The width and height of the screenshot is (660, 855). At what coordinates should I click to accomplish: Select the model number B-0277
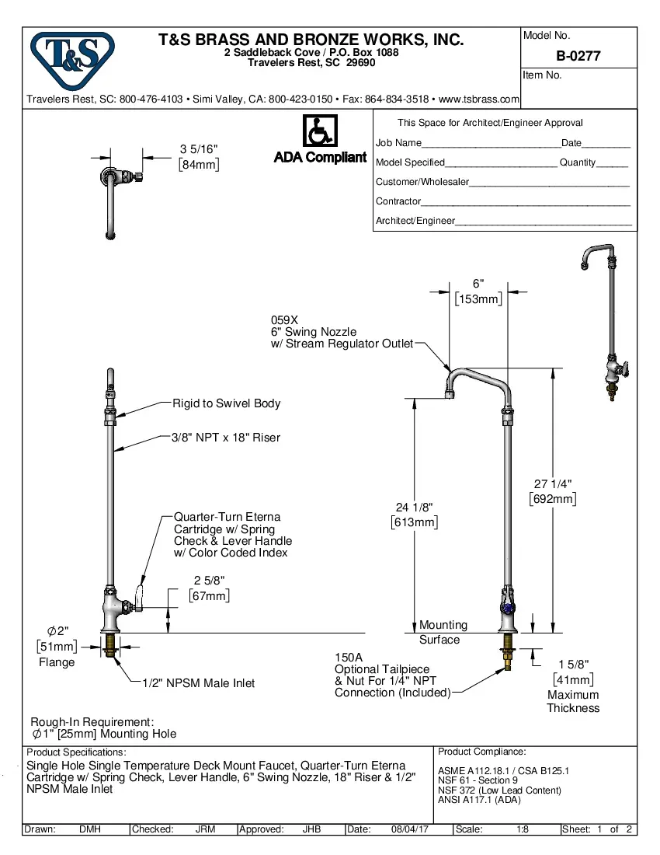click(x=578, y=56)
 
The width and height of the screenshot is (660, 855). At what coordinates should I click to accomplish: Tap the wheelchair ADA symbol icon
click(x=319, y=132)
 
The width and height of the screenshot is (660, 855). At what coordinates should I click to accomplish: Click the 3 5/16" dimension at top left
click(x=199, y=149)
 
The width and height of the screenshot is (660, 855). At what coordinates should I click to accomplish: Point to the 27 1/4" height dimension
click(x=553, y=484)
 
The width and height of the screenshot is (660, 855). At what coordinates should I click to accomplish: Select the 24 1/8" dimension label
click(x=414, y=508)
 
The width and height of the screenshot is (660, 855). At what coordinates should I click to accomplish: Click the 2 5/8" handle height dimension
click(x=210, y=581)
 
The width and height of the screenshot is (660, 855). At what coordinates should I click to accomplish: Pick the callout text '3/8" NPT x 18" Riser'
click(x=226, y=438)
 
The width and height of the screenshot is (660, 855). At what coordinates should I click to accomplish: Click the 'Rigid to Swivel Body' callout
click(x=226, y=403)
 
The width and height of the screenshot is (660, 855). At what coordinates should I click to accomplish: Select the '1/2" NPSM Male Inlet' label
click(x=198, y=683)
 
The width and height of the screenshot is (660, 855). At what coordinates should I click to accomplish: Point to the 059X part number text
click(x=284, y=319)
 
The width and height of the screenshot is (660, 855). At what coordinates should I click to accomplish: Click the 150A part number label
click(x=349, y=657)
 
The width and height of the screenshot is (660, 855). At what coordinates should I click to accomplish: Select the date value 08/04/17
click(x=410, y=829)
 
